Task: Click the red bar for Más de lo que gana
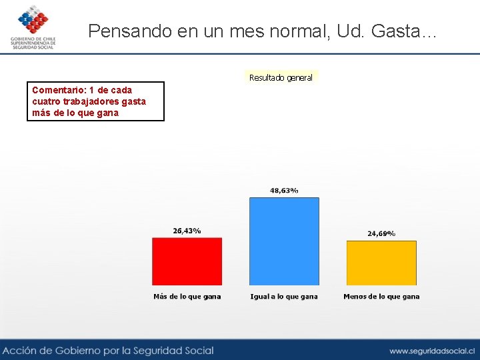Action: point(187,261)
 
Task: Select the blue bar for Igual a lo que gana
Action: point(284,241)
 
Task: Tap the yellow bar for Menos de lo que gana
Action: point(381,263)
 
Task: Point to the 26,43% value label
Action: point(187,231)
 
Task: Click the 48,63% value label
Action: point(284,191)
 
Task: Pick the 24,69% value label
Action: point(381,233)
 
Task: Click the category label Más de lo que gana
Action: point(187,297)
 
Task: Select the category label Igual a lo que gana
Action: point(284,297)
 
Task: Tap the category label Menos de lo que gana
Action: point(381,297)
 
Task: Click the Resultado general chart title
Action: point(281,78)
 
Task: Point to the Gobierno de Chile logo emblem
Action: point(33,19)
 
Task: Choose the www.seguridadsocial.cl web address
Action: point(432,351)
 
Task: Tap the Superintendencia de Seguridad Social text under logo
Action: point(33,45)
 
